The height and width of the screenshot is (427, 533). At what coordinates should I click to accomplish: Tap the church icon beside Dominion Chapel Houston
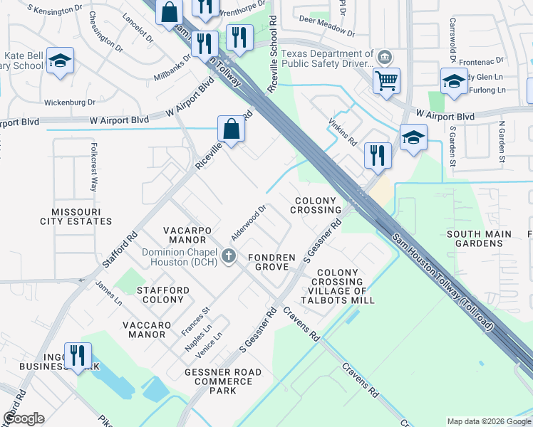(x=228, y=255)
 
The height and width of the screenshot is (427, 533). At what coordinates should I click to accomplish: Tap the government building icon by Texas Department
(x=384, y=56)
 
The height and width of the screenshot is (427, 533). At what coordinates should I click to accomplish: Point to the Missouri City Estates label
(x=81, y=216)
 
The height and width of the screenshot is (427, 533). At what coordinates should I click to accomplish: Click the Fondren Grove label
(x=268, y=262)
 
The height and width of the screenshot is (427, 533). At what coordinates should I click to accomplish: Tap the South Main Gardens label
(x=479, y=238)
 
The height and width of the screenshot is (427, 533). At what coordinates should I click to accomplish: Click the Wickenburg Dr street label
(x=70, y=102)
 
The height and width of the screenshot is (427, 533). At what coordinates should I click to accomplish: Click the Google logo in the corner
(x=24, y=418)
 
